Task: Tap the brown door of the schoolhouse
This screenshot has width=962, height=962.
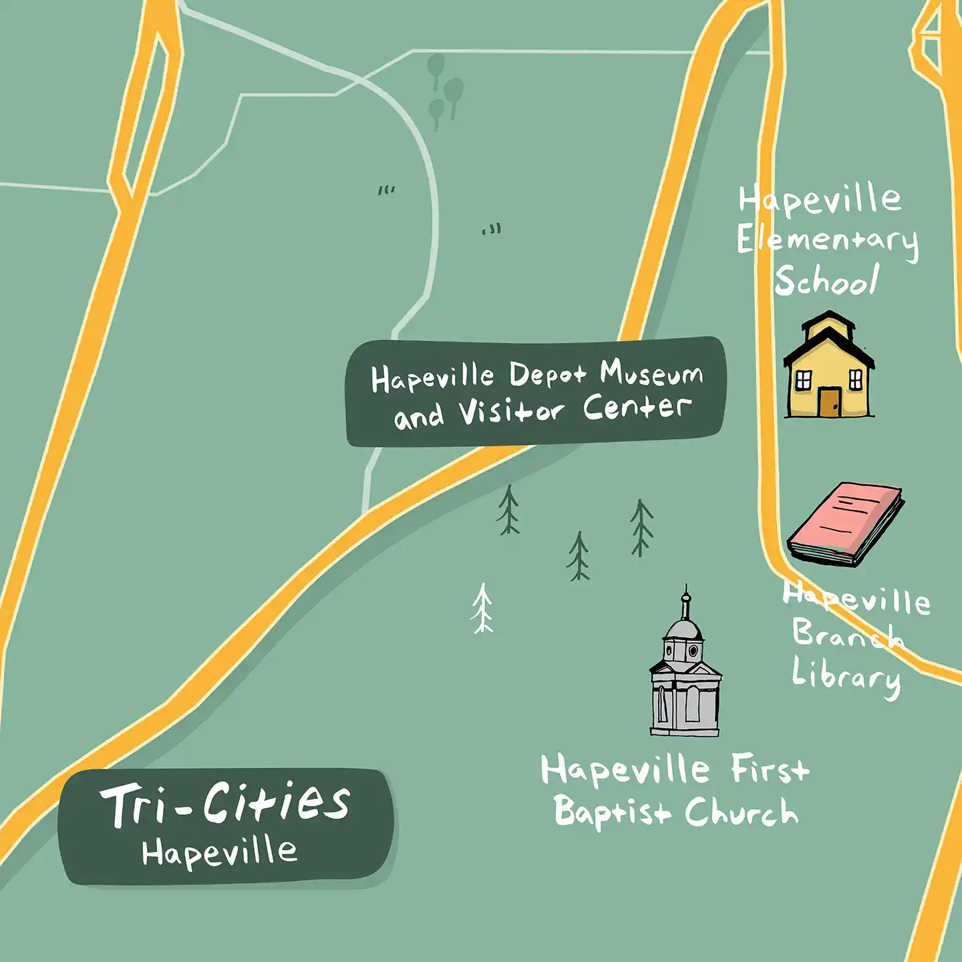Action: [829, 402]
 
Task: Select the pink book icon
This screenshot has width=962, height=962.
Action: [846, 523]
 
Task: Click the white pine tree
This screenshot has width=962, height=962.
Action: [482, 608]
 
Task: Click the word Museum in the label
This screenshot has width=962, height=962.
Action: [651, 373]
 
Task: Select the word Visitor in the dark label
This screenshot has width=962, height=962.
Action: [512, 411]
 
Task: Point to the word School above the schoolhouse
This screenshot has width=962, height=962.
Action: [826, 281]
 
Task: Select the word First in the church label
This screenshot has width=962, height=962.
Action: [770, 769]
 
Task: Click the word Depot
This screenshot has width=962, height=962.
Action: [548, 375]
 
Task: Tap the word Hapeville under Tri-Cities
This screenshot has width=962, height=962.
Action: [219, 852]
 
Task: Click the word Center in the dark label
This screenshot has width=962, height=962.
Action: [636, 407]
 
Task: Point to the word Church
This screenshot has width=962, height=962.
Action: [741, 812]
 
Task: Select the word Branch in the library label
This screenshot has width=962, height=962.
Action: [847, 635]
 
